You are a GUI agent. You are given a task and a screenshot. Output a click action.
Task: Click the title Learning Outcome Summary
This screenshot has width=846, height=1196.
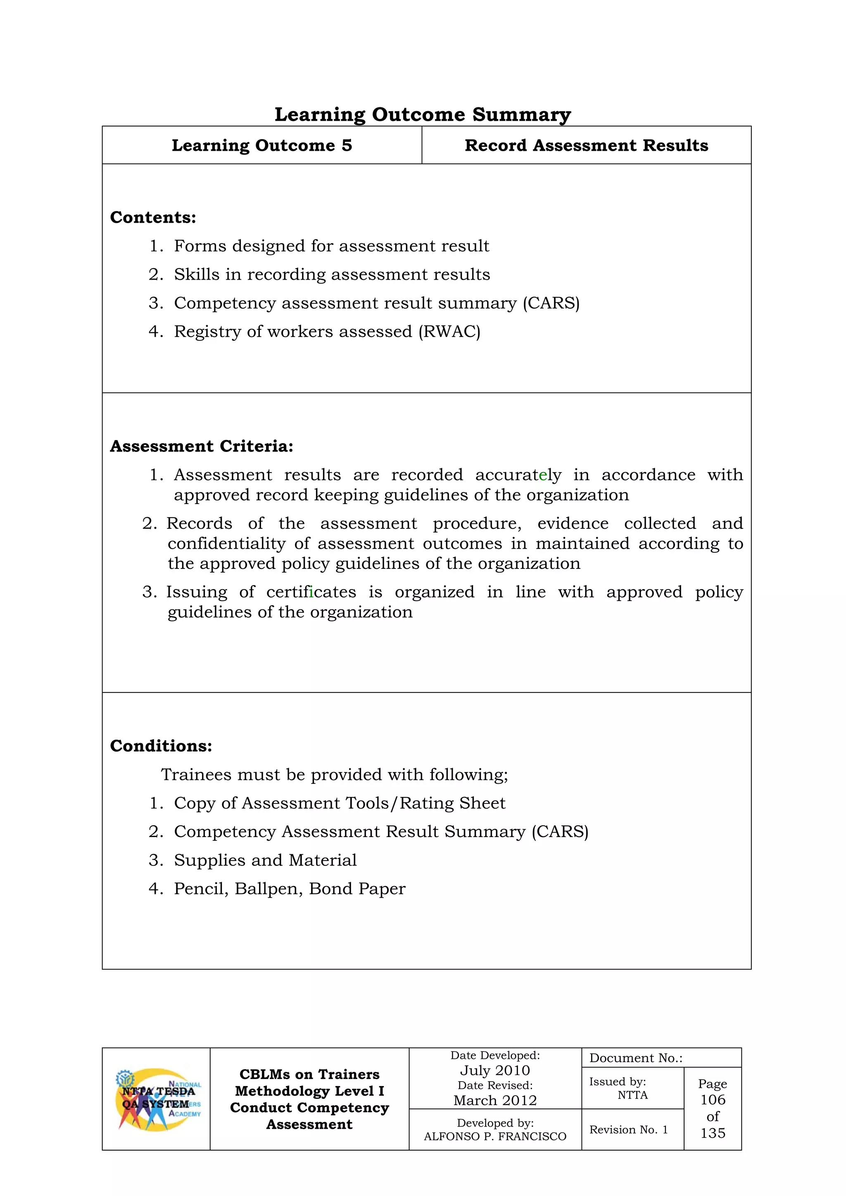coord(423,114)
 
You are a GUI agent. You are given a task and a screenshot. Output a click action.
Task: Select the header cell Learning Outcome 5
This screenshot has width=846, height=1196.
coord(262,145)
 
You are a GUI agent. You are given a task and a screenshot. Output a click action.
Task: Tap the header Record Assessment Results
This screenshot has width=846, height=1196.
coord(586,145)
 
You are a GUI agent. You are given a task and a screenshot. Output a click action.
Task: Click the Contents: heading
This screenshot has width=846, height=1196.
coord(153,217)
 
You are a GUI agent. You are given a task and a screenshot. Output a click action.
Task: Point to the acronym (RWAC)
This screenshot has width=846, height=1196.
coord(449,332)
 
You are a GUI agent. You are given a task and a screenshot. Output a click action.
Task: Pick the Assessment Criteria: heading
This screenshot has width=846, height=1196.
coord(202,447)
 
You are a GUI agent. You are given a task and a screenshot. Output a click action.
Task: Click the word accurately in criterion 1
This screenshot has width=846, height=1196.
coord(518,475)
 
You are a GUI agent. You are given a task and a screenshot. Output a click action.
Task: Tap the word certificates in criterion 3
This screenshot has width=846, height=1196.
coord(311,592)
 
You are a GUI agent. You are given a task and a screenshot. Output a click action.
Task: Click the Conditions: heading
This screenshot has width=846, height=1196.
coord(161,746)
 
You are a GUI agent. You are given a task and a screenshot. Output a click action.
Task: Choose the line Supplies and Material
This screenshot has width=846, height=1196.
coord(265,860)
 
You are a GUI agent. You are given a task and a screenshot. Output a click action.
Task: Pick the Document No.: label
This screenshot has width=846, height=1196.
coord(636,1058)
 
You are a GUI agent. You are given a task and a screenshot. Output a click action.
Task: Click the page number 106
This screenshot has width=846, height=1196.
coord(713,1100)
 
